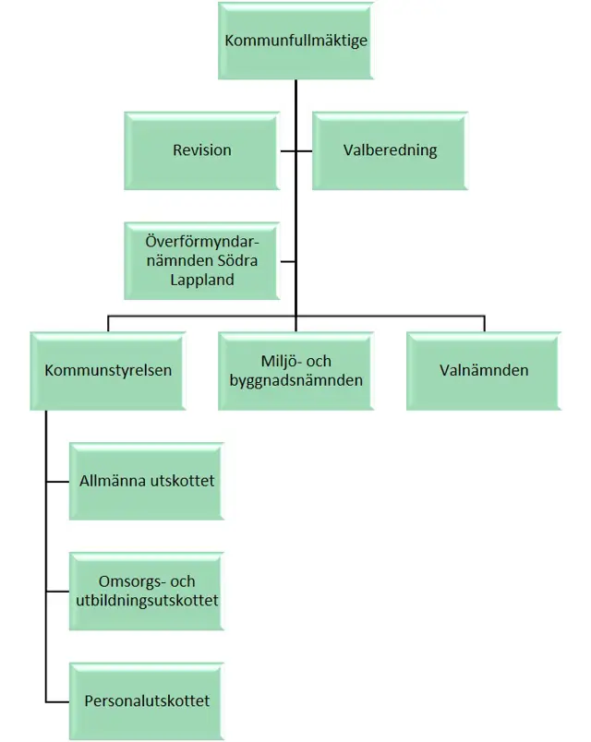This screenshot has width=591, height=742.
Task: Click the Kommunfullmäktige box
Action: (295, 41)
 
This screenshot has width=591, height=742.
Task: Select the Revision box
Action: (202, 150)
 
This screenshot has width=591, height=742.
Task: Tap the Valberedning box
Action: (390, 150)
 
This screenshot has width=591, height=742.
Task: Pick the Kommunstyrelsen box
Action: (108, 370)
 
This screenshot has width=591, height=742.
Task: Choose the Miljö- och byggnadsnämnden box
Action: (295, 370)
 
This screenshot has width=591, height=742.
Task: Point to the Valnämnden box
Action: (484, 370)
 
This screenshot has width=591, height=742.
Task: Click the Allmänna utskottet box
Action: (146, 481)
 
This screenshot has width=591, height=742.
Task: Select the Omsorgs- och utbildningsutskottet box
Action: (146, 591)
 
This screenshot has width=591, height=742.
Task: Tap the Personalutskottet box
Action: (146, 700)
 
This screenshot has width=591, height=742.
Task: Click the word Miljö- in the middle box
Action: (278, 361)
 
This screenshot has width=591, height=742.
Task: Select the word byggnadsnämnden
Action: (295, 379)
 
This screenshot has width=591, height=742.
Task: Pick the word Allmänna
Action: (113, 481)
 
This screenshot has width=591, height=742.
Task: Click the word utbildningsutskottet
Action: (146, 601)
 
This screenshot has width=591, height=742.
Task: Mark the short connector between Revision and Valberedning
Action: (295, 150)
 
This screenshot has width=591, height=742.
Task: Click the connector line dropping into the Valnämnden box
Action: (484, 324)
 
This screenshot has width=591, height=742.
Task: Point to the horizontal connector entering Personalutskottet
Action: (57, 700)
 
